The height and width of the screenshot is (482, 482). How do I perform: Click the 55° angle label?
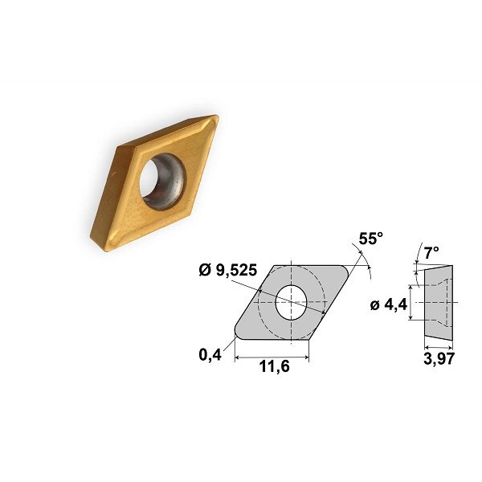pyautogui.click(x=370, y=239)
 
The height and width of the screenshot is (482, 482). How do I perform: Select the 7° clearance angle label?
pyautogui.click(x=432, y=252)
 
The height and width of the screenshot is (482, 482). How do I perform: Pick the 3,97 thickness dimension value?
pyautogui.click(x=438, y=359)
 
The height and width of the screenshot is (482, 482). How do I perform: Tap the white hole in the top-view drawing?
pyautogui.click(x=291, y=302)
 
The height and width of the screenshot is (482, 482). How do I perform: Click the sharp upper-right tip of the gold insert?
pyautogui.click(x=214, y=119)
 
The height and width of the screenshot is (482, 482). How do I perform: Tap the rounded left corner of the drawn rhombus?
pyautogui.click(x=236, y=329)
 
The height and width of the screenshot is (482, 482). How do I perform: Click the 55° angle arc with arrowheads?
pyautogui.click(x=366, y=261)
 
